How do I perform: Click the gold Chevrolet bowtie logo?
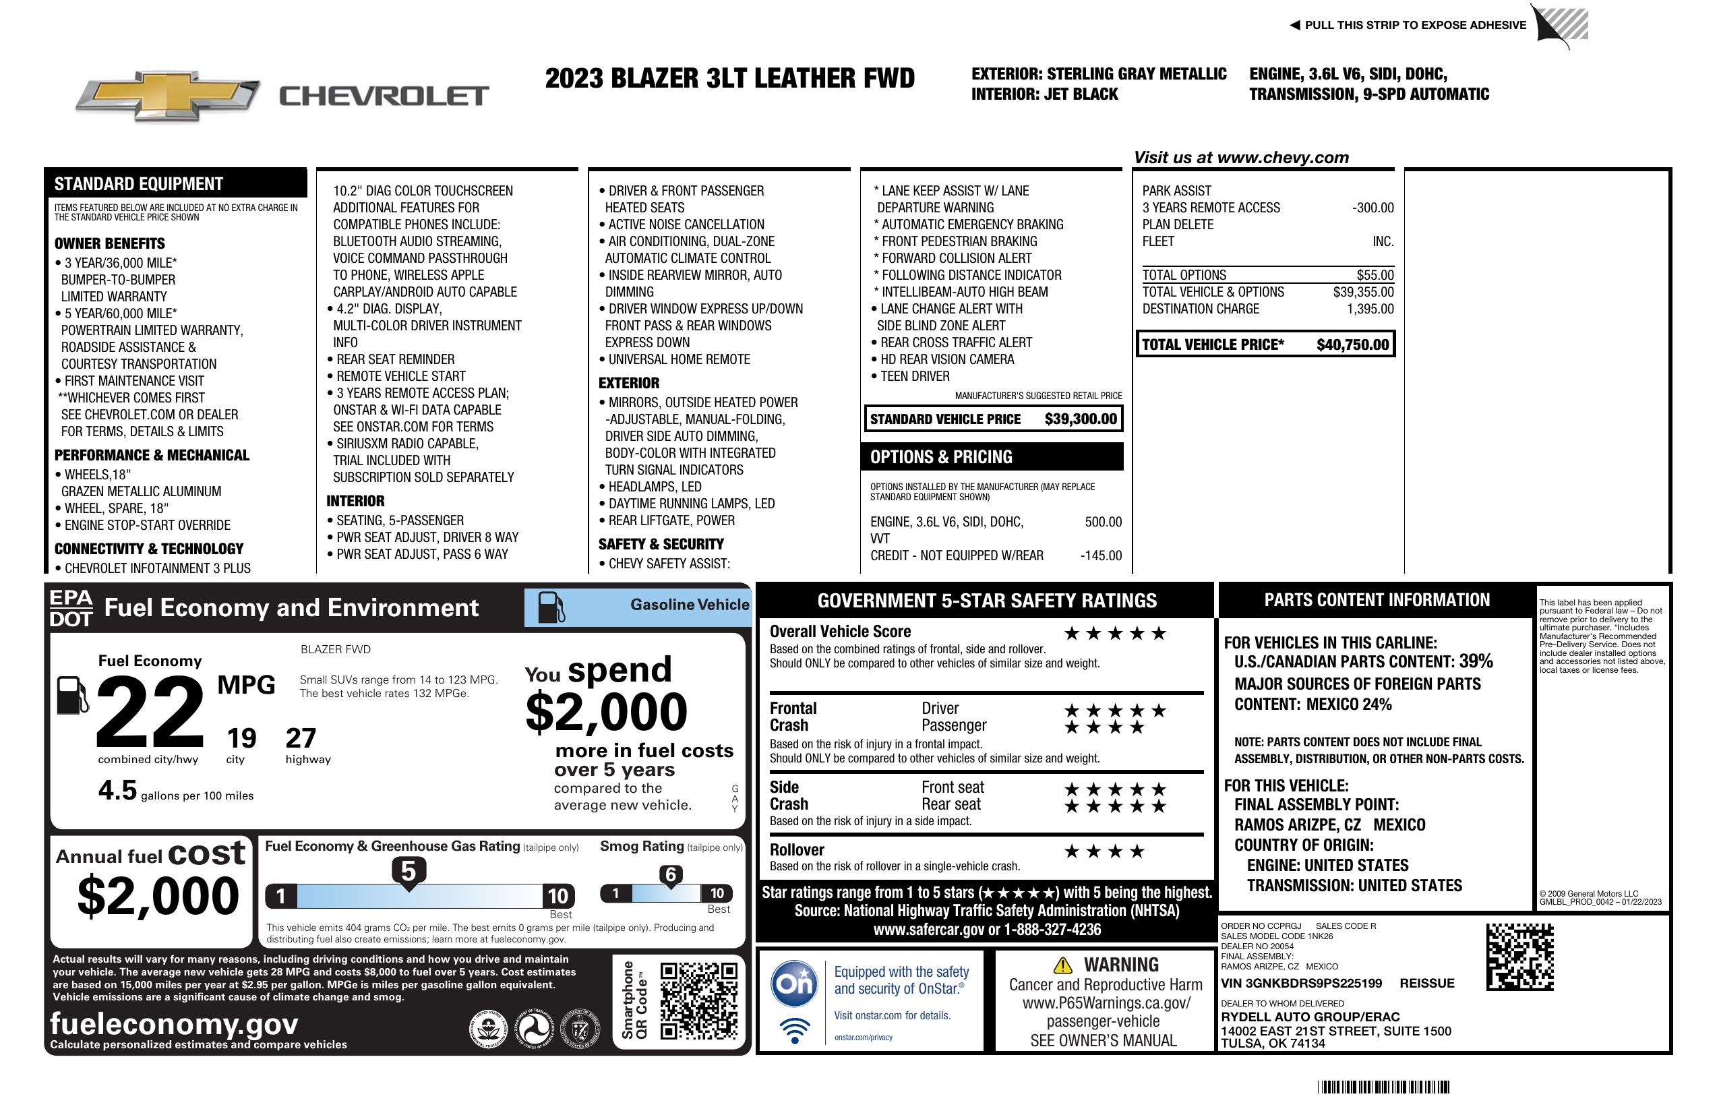[x=168, y=96]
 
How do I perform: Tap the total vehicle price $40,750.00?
[x=1352, y=344]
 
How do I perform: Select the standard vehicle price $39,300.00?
[x=1081, y=419]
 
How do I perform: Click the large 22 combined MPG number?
[x=150, y=711]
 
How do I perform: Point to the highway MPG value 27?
[x=301, y=738]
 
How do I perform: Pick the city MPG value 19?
[x=241, y=738]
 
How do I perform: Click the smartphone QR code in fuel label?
[x=698, y=1000]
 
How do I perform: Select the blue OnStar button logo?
[x=794, y=984]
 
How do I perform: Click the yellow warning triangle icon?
[x=1062, y=965]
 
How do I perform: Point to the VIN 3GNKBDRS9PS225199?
[x=1301, y=983]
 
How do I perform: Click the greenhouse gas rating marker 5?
[x=408, y=872]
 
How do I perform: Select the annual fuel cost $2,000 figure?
[x=158, y=896]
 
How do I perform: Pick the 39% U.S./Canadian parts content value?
[x=1476, y=661]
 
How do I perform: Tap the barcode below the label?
[x=1383, y=1087]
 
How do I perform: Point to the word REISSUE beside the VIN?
[x=1426, y=983]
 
